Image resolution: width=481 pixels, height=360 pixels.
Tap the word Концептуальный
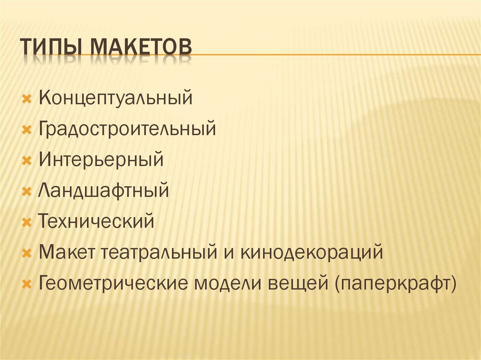pos(116,99)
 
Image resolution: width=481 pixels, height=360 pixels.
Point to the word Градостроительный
pos(127,129)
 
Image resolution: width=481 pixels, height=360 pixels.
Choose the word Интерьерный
pos(101,160)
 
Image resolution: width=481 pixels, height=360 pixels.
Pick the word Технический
pos(96,221)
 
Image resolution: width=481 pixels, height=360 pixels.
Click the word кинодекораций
pos(312,253)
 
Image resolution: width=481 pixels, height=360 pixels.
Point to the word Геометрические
pos(113,283)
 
